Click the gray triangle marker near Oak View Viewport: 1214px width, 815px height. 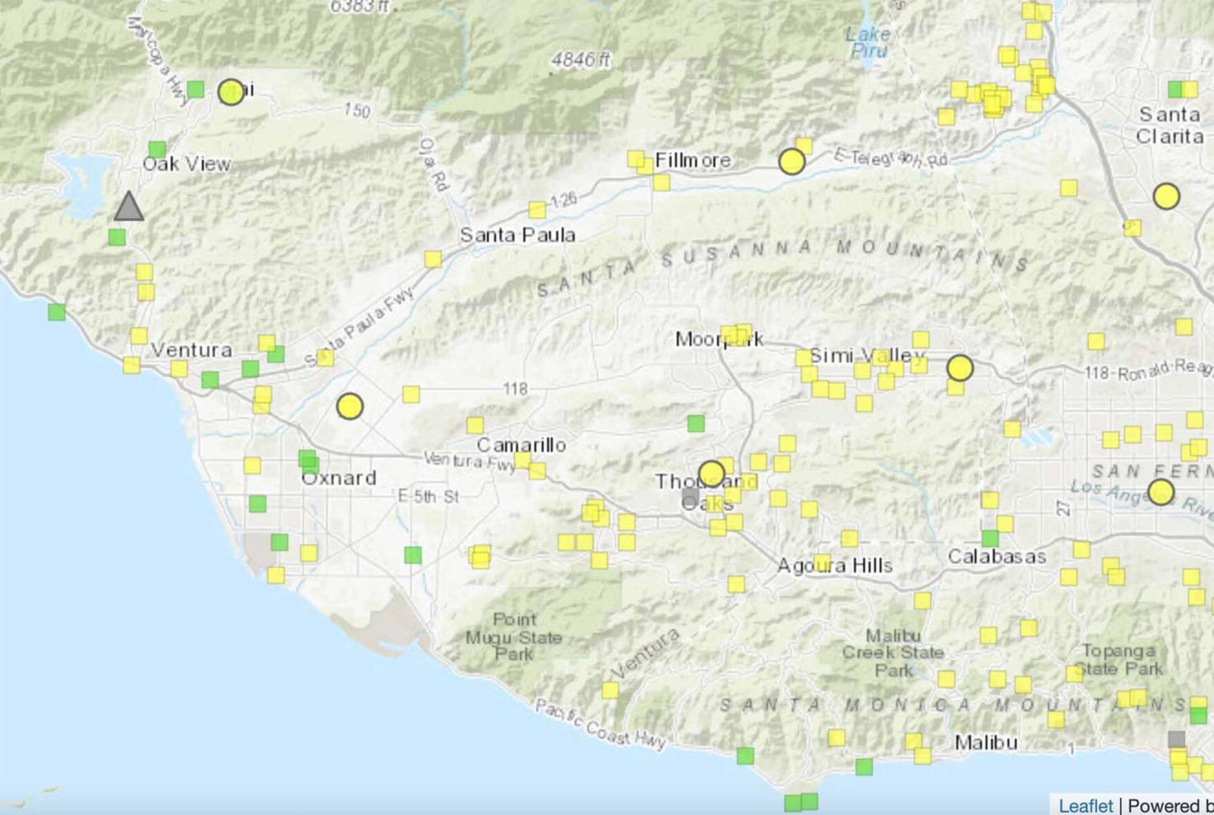pos(128,207)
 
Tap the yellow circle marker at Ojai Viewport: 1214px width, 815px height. pos(231,92)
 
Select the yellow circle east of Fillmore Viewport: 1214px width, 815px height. pos(792,162)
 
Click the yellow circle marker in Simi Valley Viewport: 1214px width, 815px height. pos(960,368)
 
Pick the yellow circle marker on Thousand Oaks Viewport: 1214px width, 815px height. pos(712,474)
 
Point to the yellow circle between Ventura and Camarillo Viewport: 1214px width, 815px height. pos(350,406)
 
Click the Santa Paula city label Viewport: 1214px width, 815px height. pos(517,235)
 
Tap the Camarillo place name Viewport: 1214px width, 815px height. pos(521,445)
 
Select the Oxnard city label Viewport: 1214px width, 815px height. pos(339,478)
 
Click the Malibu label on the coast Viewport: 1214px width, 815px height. pos(986,743)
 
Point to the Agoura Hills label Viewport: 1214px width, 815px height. pos(835,566)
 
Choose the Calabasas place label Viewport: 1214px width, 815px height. pos(997,557)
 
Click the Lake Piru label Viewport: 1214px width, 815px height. pos(869,43)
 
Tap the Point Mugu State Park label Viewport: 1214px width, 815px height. pos(514,637)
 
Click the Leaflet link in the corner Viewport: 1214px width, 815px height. pos(1085,806)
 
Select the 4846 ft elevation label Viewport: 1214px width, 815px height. pos(581,60)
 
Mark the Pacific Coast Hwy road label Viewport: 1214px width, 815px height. pos(600,724)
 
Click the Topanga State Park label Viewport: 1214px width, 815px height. pos(1119,660)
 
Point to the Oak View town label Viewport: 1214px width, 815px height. pos(187,164)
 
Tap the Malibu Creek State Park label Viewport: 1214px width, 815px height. pos(893,653)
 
